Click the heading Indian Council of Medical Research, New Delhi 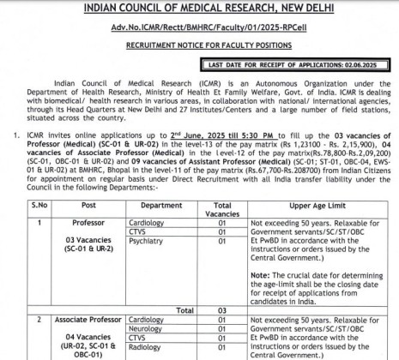pyautogui.click(x=198, y=9)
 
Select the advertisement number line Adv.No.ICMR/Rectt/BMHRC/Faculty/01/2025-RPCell pyautogui.click(x=198, y=29)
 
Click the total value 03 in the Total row pyautogui.click(x=222, y=309)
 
